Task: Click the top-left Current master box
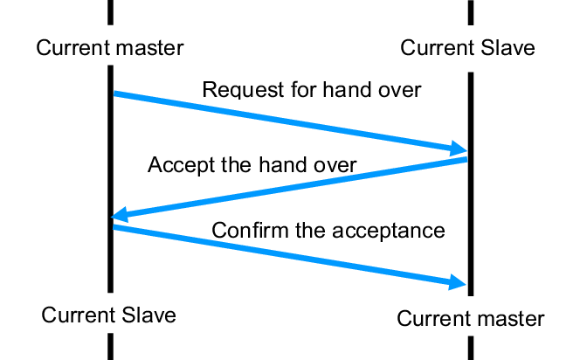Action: [109, 46]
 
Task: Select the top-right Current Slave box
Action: [467, 48]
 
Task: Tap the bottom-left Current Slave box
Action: [109, 315]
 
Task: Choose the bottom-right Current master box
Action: [470, 317]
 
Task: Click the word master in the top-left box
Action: [149, 47]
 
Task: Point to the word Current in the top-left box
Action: [73, 47]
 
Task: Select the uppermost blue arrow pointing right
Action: [288, 120]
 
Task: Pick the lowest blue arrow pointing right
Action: [288, 254]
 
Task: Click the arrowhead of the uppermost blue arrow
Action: [458, 147]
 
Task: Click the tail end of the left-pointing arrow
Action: [465, 159]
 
